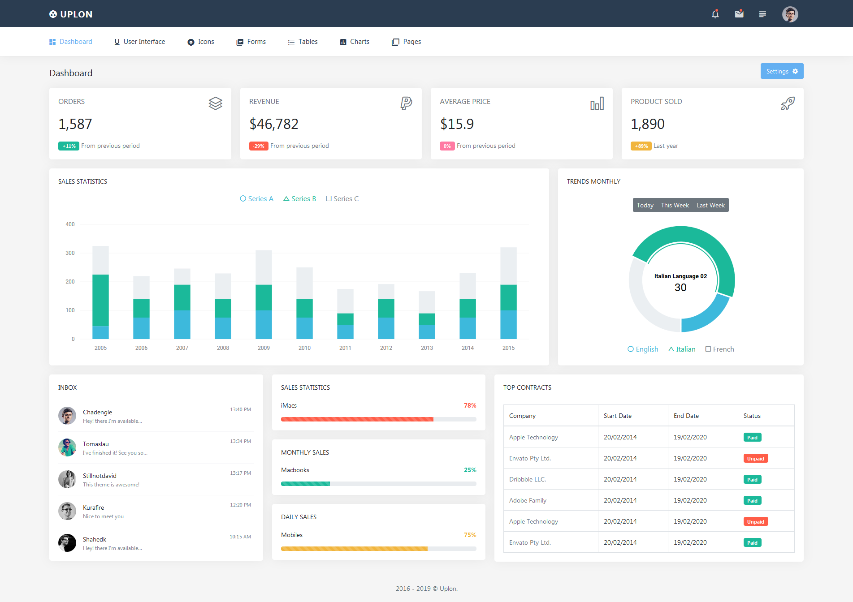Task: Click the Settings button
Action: [x=782, y=71]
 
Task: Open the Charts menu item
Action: [x=355, y=42]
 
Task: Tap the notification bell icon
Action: [x=715, y=14]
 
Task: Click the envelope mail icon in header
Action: [x=739, y=14]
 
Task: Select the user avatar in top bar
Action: [x=790, y=14]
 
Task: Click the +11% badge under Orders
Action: [x=69, y=146]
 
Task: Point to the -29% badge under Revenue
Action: [x=259, y=146]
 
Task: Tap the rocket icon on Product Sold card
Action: [x=788, y=103]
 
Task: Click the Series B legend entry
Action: [x=300, y=199]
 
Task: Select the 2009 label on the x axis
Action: [x=264, y=348]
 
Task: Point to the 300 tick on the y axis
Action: [x=70, y=253]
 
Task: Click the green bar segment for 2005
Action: [x=100, y=300]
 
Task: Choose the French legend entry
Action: [x=719, y=349]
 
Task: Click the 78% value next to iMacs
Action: [x=470, y=405]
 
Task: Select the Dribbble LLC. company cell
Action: [x=528, y=479]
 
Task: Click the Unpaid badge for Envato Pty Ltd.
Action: [x=755, y=459]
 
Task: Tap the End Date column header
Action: [x=686, y=416]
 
